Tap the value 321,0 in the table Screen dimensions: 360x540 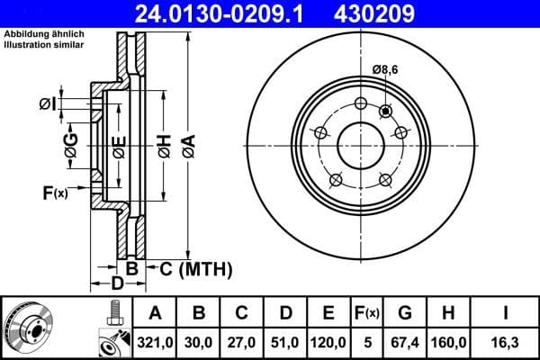coord(156,342)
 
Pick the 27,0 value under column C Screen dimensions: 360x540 coord(242,342)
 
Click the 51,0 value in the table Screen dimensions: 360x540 coord(285,342)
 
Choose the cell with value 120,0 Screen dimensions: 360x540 coord(328,342)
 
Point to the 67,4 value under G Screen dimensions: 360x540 coord(405,342)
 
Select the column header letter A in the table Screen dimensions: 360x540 coord(156,313)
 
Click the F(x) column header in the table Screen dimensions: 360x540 coord(367,313)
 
